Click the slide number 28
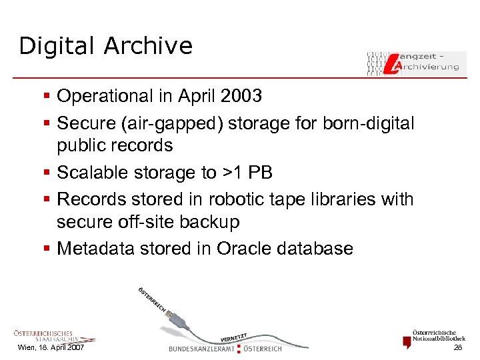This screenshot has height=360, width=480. pyautogui.click(x=457, y=348)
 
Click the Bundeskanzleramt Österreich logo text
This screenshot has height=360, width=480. pyautogui.click(x=225, y=348)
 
